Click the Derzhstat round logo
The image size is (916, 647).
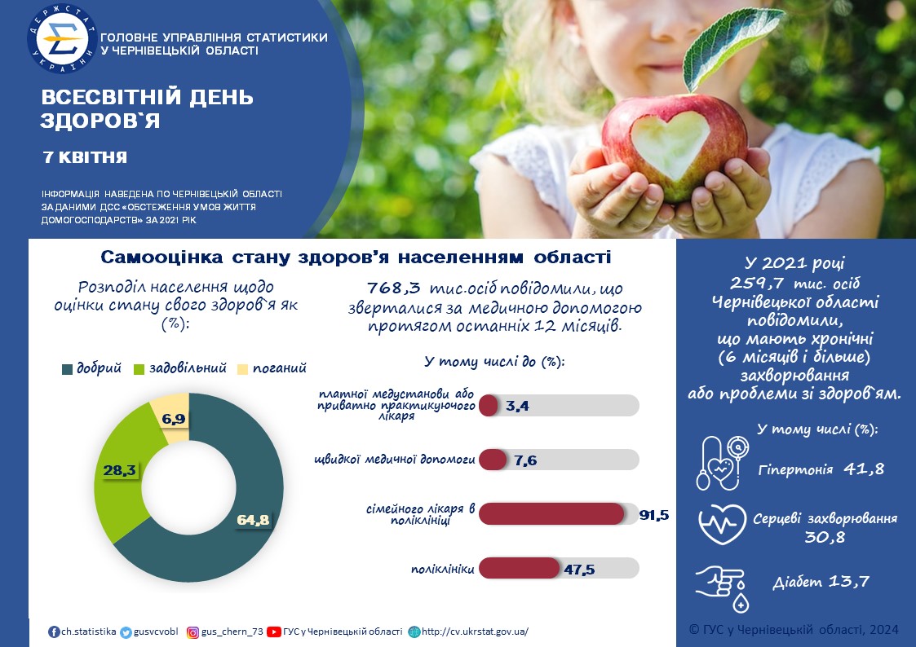[62, 39]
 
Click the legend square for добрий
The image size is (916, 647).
[67, 369]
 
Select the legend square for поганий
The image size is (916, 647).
[242, 369]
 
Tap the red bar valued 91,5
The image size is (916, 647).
[551, 514]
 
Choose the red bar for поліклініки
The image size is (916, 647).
[520, 568]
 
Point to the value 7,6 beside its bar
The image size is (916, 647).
[525, 461]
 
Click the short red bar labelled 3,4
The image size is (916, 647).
[489, 406]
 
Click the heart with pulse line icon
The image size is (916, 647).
[723, 525]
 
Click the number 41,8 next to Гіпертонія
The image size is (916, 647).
[864, 469]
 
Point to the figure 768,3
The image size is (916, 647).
[394, 288]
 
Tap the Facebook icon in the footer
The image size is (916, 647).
[54, 632]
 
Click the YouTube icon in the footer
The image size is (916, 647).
[273, 632]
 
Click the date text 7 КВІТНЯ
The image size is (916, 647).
[86, 157]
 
